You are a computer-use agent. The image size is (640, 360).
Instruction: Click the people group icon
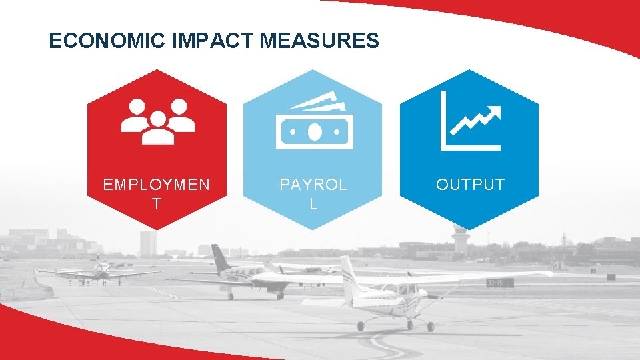pyautogui.click(x=157, y=121)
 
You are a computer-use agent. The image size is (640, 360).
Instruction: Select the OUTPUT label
pyautogui.click(x=470, y=185)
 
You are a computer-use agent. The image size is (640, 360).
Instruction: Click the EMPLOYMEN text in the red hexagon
pyautogui.click(x=156, y=185)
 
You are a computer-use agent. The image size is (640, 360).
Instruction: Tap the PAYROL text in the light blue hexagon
pyautogui.click(x=313, y=185)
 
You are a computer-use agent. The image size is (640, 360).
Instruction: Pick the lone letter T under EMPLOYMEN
pyautogui.click(x=156, y=204)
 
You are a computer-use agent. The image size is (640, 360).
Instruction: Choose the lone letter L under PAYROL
pyautogui.click(x=313, y=204)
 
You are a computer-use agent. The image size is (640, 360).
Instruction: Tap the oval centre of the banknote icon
pyautogui.click(x=313, y=133)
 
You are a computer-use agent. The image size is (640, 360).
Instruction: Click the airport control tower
pyautogui.click(x=459, y=238)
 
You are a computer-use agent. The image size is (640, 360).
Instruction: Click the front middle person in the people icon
pyautogui.click(x=157, y=129)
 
